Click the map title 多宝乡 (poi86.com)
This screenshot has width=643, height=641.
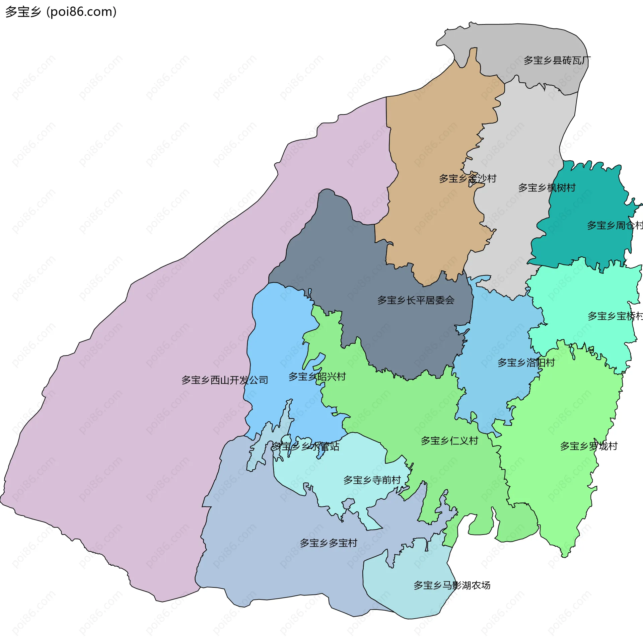click(61, 12)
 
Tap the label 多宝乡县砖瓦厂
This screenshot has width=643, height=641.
click(557, 61)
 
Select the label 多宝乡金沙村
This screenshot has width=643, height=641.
click(468, 178)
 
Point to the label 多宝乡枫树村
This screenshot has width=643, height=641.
click(547, 188)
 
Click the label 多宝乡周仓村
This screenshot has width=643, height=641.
click(615, 226)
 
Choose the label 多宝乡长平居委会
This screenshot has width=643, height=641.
click(416, 300)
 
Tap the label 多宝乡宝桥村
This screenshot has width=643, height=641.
click(615, 316)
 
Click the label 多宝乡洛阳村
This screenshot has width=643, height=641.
click(526, 363)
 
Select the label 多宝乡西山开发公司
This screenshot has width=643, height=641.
click(224, 380)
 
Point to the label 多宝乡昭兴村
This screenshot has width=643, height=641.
click(317, 377)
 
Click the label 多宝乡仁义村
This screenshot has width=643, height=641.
click(449, 440)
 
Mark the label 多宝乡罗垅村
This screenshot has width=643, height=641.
click(588, 446)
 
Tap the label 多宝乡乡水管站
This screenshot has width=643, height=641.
click(305, 446)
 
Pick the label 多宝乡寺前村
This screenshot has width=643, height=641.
click(372, 480)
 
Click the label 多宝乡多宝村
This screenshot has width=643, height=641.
click(328, 543)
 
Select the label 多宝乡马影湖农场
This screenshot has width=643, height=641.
click(451, 585)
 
